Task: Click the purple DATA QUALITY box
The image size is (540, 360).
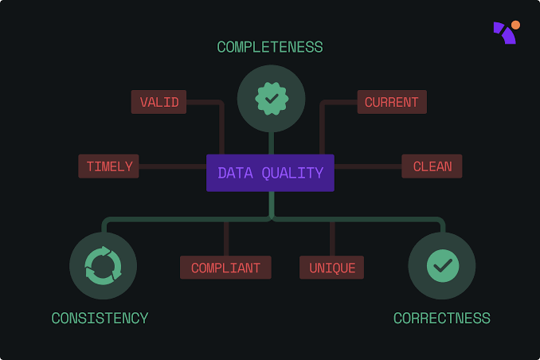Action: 270,173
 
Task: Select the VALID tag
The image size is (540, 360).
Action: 159,102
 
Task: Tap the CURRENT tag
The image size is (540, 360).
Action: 391,102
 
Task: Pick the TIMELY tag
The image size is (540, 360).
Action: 109,166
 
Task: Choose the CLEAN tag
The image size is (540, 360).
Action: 432,166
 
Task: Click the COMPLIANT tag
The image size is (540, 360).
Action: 225,268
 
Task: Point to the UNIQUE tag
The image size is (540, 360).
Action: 332,268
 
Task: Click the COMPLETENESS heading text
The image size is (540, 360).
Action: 270,47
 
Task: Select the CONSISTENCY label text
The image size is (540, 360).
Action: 100,319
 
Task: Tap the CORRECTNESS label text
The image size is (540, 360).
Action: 442,319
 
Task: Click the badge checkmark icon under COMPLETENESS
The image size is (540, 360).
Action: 271,99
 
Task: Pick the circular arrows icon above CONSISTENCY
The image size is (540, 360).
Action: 103,266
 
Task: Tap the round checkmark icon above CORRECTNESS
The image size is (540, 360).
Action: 442,266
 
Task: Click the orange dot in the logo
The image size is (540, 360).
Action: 515,25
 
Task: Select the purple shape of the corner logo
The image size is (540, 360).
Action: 504,33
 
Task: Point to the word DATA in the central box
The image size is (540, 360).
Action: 233,173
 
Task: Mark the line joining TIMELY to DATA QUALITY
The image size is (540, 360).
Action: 173,166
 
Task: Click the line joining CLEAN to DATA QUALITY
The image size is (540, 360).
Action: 367,166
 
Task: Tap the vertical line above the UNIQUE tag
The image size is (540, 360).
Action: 332,239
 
